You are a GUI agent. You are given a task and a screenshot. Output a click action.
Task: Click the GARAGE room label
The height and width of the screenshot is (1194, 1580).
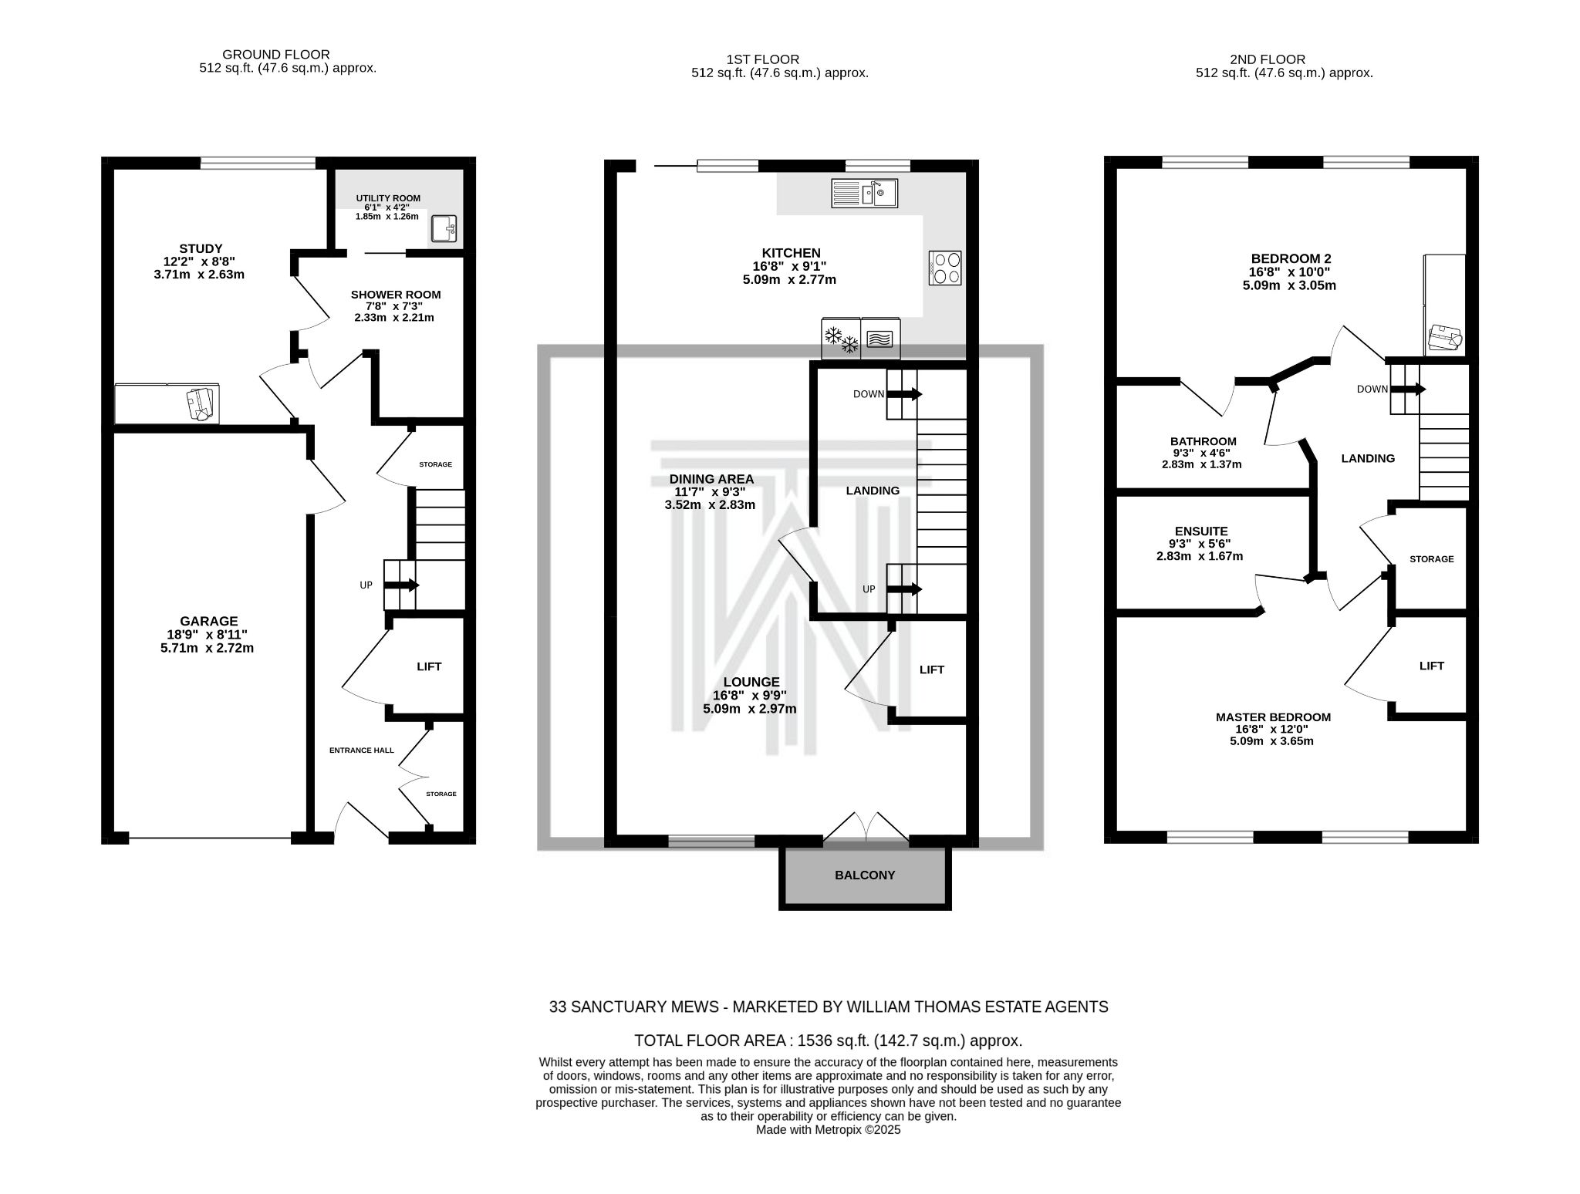coord(208,621)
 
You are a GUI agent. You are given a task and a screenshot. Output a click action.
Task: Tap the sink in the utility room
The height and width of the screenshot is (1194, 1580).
coord(444,229)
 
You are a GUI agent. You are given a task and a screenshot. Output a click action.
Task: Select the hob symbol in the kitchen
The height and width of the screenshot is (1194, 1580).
coord(946,268)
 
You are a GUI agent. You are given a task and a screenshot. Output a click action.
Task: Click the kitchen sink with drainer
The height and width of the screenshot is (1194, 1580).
coord(864,193)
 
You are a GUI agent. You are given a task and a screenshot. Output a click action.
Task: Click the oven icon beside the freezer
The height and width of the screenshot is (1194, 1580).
coord(880,339)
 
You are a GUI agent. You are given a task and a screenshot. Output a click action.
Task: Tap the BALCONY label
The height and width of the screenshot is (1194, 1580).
coord(865,875)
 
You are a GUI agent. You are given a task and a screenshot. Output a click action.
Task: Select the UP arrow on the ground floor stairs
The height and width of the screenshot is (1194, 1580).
coord(401,585)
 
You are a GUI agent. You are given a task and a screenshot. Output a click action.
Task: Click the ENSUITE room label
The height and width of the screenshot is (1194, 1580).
coord(1201,531)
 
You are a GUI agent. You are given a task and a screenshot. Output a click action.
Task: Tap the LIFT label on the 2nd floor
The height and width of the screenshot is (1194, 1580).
coord(1431,666)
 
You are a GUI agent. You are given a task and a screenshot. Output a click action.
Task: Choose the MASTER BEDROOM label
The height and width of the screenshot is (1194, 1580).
coord(1273,717)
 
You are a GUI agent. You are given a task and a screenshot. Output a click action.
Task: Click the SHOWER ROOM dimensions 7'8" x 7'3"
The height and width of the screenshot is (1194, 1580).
coord(396,306)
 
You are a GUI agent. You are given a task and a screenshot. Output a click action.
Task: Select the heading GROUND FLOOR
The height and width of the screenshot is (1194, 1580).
coord(275,55)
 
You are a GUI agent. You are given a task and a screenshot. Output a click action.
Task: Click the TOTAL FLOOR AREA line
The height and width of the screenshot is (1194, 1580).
coord(828,1040)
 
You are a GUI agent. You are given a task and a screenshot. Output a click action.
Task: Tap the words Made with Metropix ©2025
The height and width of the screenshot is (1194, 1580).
coord(828,1130)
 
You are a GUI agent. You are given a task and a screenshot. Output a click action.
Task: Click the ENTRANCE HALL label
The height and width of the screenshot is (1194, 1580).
coord(361,750)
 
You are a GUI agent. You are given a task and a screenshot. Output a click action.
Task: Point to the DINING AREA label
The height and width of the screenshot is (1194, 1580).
coord(711,479)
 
